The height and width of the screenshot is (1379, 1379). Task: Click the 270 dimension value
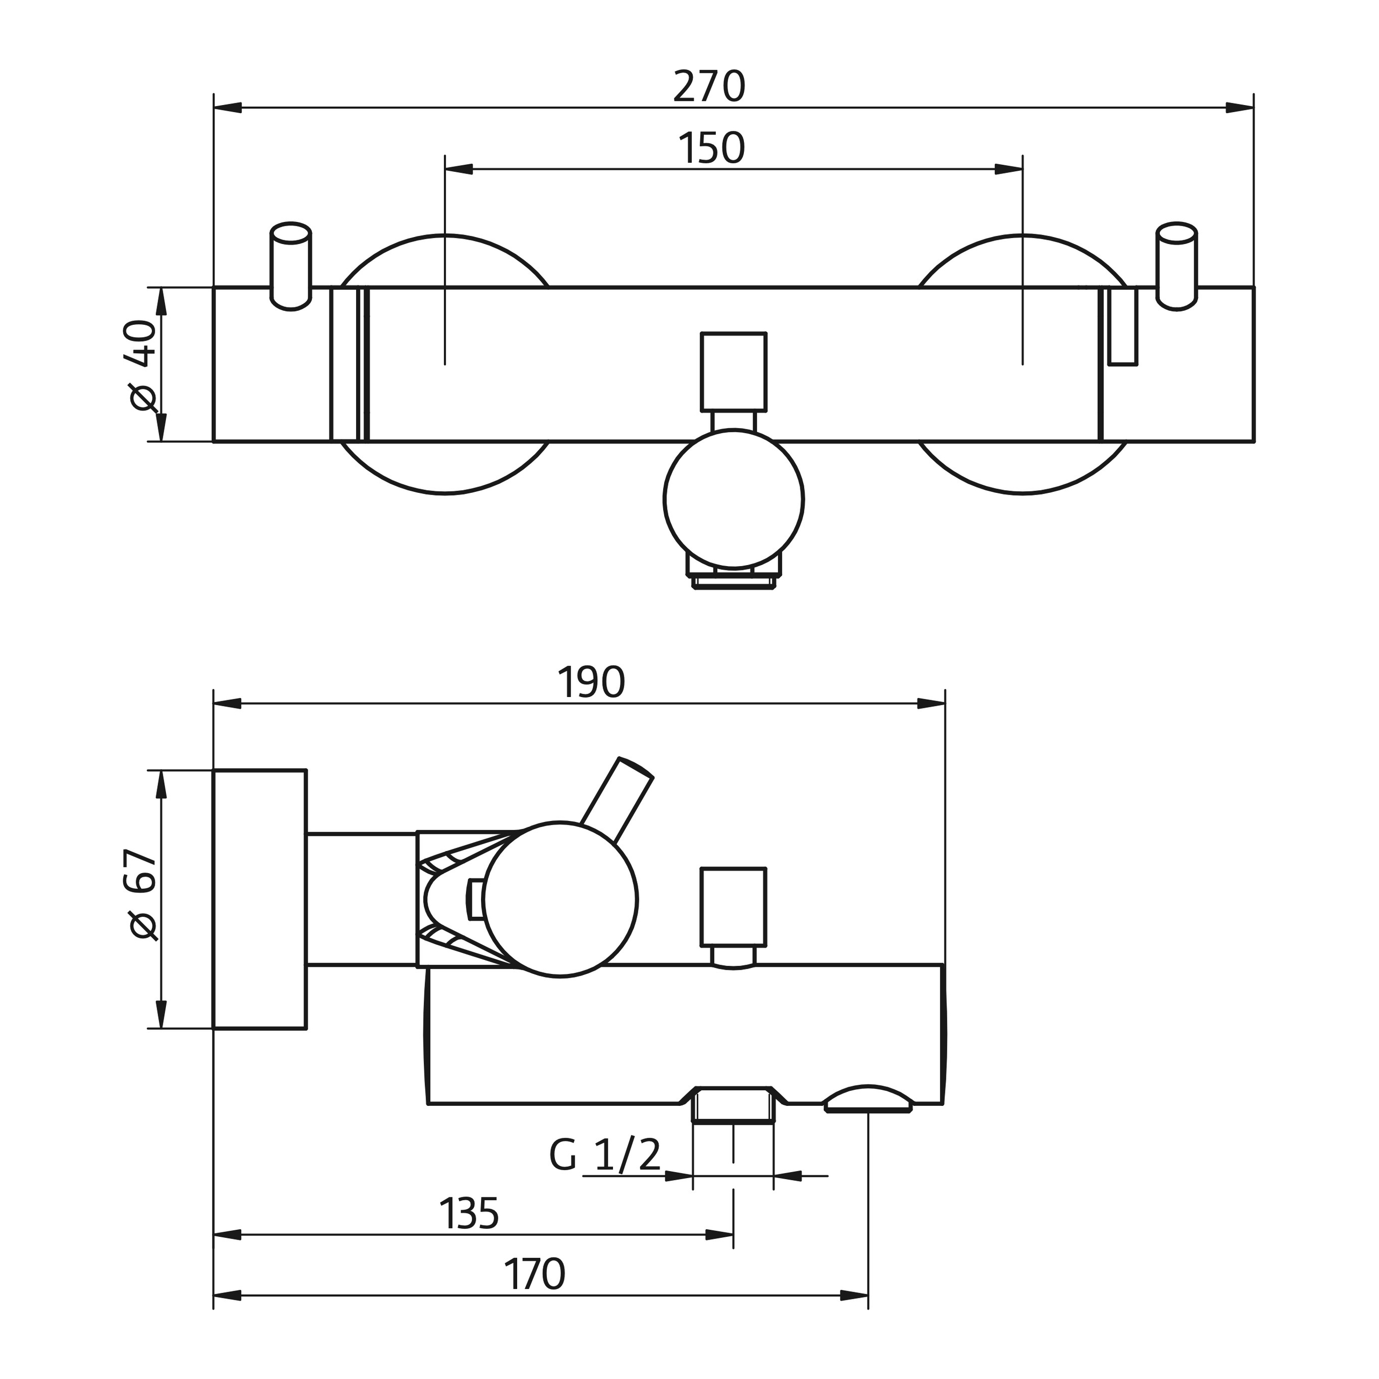[709, 87]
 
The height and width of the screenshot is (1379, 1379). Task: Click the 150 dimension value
[711, 149]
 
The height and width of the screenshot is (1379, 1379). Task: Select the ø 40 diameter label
[143, 365]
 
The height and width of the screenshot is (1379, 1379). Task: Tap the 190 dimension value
[591, 683]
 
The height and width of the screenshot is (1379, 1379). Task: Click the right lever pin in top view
[1176, 266]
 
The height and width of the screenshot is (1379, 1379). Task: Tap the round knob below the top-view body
[733, 498]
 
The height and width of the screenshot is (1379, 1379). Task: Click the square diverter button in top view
[733, 372]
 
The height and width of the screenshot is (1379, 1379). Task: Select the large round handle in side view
[560, 900]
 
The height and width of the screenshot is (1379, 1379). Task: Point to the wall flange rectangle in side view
[260, 900]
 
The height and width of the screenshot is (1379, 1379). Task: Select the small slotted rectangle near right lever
[1122, 326]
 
